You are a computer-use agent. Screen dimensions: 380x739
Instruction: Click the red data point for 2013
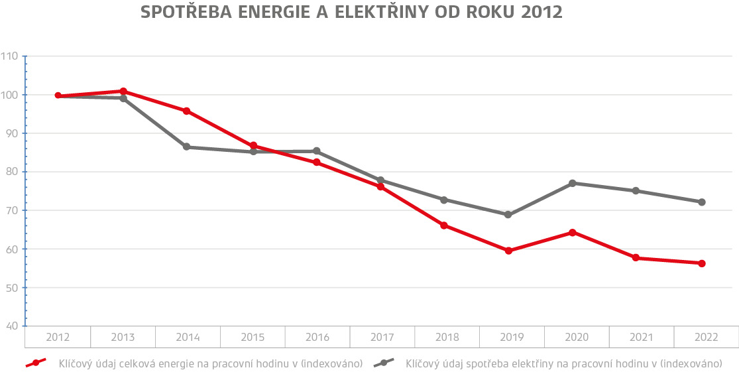click(123, 91)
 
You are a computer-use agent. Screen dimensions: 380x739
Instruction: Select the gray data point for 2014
click(186, 147)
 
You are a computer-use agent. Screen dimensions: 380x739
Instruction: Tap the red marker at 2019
click(508, 251)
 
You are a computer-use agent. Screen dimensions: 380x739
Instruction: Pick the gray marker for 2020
click(572, 183)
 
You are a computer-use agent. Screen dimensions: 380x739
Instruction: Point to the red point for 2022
click(702, 263)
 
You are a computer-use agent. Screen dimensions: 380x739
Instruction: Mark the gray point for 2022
click(702, 202)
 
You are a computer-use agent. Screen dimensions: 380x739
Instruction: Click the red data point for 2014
click(186, 111)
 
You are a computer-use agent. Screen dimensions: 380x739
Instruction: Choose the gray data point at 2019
click(508, 215)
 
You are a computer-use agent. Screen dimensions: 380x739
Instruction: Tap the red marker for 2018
click(444, 225)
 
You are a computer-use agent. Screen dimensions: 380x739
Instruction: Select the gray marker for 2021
click(636, 191)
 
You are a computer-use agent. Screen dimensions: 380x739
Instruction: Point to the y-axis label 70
click(12, 210)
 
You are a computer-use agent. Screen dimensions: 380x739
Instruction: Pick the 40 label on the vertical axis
click(12, 326)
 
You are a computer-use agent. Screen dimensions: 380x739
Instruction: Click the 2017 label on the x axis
click(382, 338)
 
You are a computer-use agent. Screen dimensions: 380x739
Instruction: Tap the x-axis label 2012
click(58, 338)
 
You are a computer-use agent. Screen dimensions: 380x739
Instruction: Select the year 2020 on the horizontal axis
click(577, 338)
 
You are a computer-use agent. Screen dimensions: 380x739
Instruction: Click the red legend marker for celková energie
click(36, 363)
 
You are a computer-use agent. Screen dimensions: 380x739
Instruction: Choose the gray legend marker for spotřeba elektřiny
click(384, 363)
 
